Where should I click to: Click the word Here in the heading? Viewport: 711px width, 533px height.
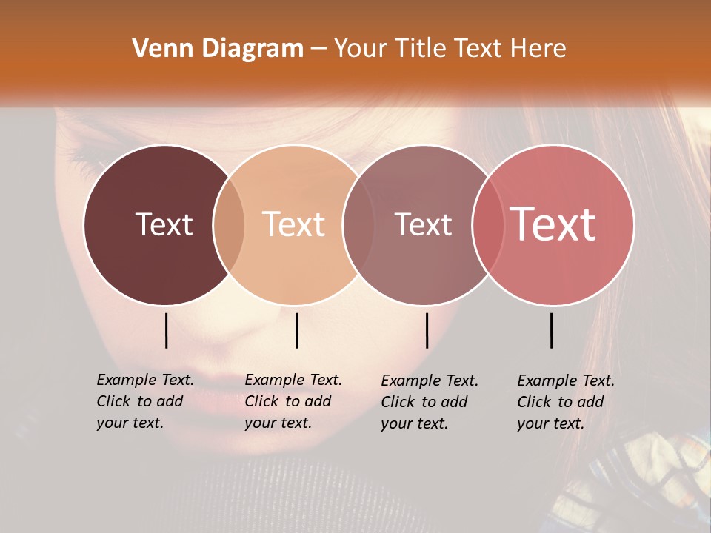[539, 49]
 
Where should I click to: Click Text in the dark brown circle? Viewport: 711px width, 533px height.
[164, 224]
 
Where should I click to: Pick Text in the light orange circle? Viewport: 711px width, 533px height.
[293, 224]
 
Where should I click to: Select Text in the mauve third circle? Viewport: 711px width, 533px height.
[423, 224]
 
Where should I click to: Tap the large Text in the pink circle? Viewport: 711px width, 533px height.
[553, 224]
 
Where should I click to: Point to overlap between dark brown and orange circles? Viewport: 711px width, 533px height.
[229, 225]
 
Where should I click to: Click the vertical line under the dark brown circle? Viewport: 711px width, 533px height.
[166, 330]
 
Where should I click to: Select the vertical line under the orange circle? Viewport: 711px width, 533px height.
[296, 330]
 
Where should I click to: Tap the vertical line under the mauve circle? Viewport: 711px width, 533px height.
[427, 330]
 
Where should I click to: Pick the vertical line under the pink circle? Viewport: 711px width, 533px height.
[551, 330]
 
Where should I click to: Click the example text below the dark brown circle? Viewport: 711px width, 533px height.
[144, 401]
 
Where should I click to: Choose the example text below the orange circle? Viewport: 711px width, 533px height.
[293, 401]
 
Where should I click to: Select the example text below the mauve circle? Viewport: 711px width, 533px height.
[429, 402]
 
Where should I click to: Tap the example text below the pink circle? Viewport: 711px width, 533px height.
[565, 402]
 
